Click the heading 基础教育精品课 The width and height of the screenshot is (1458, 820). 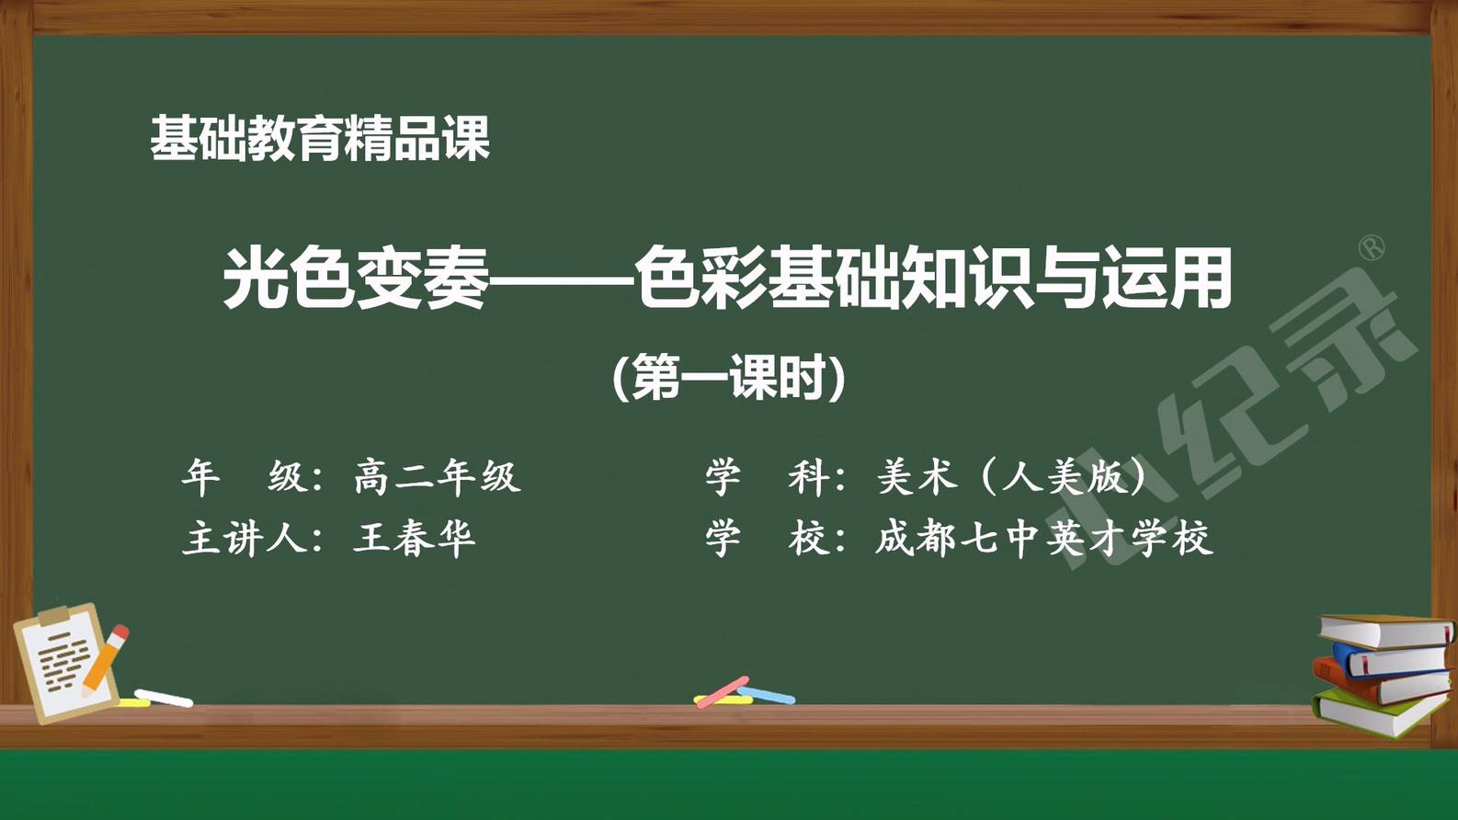pos(320,138)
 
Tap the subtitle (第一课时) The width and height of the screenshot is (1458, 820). pos(729,377)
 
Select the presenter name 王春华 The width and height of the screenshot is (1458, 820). pos(414,539)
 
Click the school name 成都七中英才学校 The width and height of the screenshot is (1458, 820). pos(1044,539)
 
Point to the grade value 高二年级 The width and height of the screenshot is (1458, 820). pos(438,478)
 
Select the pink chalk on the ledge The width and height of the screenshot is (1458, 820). pos(722,692)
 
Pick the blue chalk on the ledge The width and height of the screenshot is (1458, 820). pos(767,695)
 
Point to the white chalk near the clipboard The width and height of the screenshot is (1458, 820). pos(164,698)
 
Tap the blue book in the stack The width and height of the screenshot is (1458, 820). pos(1393,658)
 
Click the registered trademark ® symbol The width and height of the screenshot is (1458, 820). pos(1372,248)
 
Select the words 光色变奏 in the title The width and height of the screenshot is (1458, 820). pos(356,279)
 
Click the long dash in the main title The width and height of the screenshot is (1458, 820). pos(562,281)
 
